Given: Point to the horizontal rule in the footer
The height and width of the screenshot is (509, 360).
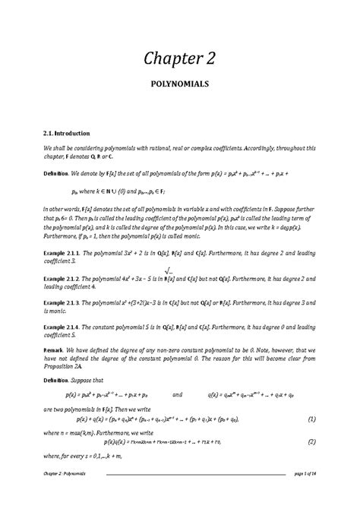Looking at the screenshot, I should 194,495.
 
